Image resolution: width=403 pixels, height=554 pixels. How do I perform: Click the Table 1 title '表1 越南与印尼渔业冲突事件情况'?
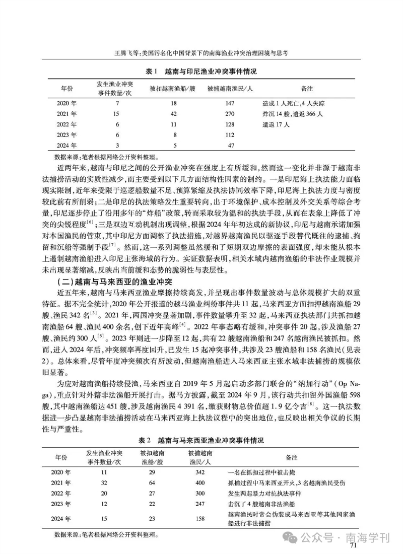point(201,72)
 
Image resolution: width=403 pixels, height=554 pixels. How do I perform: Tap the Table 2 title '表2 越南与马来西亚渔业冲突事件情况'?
point(201,440)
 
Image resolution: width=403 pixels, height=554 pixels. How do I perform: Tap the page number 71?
point(353,544)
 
